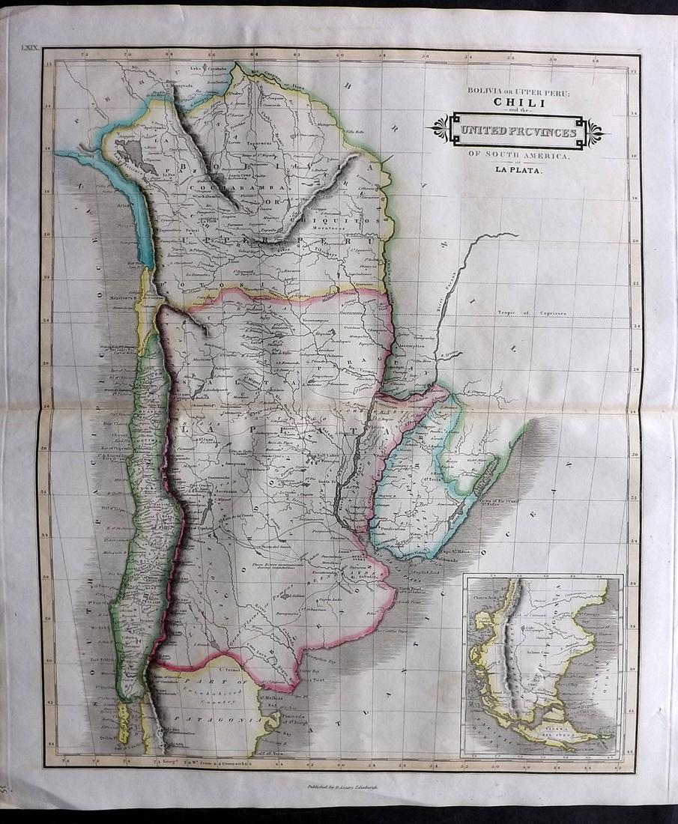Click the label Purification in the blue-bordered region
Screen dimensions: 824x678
pyautogui.click(x=393, y=529)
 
